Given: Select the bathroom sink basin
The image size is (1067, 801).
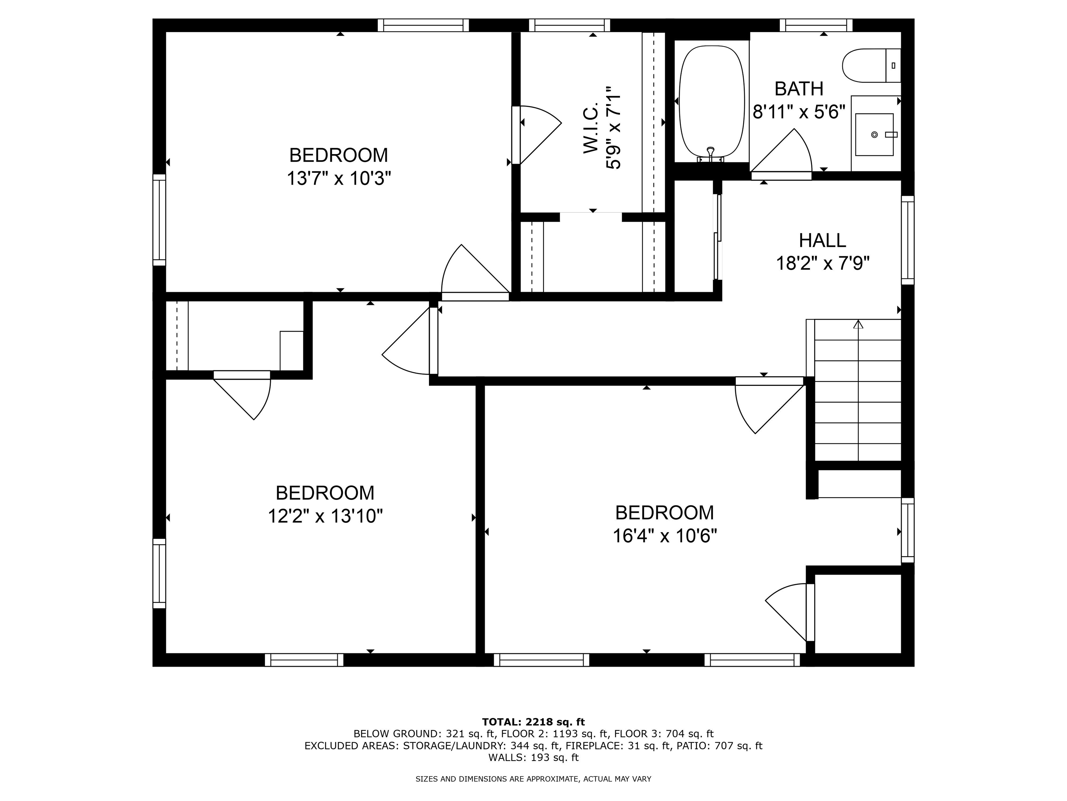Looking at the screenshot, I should pyautogui.click(x=874, y=135).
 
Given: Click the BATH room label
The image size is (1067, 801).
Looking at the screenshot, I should pyautogui.click(x=799, y=89).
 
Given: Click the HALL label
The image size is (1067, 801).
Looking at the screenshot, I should pyautogui.click(x=822, y=240).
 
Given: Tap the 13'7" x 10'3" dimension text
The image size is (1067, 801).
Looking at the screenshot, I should pyautogui.click(x=339, y=179).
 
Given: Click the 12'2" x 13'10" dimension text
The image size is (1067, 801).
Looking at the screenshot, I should pyautogui.click(x=325, y=516).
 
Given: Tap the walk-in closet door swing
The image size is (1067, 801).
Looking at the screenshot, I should pyautogui.click(x=538, y=135).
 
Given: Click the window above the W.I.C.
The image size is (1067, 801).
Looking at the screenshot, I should pyautogui.click(x=569, y=25).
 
